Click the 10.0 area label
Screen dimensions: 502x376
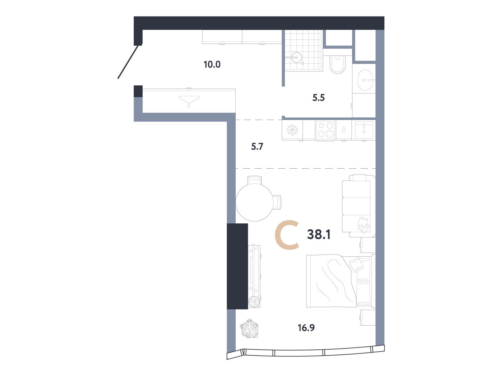click(212, 65)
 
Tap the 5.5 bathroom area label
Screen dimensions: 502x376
click(318, 98)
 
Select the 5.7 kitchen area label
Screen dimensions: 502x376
click(257, 147)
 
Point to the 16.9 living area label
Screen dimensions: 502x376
click(306, 328)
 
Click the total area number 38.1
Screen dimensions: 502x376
click(319, 234)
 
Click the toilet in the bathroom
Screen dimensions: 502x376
click(338, 64)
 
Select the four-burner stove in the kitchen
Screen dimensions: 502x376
click(325, 130)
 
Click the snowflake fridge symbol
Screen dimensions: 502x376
click(292, 130)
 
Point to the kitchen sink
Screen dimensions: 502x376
click(364, 130)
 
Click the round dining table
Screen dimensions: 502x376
click(254, 202)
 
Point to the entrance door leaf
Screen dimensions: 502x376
click(128, 62)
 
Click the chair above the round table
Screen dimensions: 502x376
click(254, 180)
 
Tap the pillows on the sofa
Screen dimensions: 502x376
click(363, 225)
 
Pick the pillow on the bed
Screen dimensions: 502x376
click(355, 264)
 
